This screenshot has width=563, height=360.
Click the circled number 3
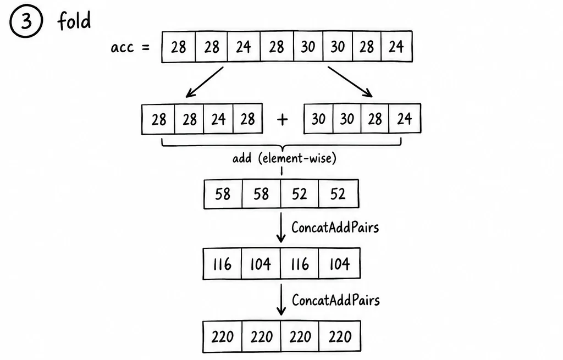click(26, 21)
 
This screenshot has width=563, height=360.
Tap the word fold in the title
click(74, 20)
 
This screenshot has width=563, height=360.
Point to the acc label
click(122, 47)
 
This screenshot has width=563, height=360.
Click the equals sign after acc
click(145, 47)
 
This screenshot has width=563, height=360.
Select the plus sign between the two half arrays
click(283, 119)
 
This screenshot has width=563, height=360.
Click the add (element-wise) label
click(284, 158)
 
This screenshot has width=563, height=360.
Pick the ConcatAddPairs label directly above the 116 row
click(335, 227)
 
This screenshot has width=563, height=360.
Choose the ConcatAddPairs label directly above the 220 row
click(336, 300)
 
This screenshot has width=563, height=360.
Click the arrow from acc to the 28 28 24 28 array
click(205, 82)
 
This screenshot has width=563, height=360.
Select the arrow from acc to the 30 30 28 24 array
click(350, 81)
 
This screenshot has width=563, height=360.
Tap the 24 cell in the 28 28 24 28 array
click(218, 119)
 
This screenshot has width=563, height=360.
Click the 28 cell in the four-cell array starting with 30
click(375, 119)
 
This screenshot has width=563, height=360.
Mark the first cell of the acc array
click(179, 47)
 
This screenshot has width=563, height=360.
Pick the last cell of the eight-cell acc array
click(396, 46)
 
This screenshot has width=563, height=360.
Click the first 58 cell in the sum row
click(223, 194)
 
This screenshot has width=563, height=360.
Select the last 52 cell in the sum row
click(338, 194)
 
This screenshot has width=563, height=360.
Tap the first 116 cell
click(222, 264)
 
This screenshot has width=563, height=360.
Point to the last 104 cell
click(339, 264)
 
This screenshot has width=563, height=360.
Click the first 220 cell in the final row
click(223, 337)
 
